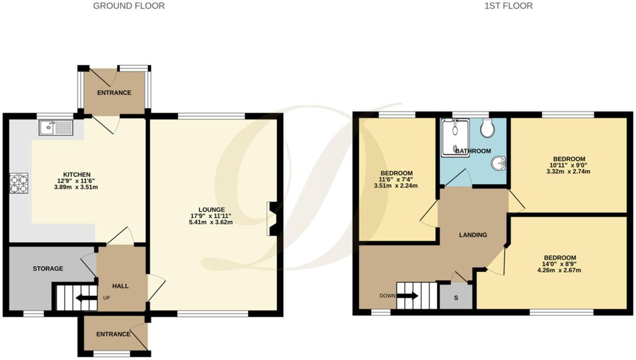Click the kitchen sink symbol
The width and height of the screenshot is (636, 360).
pyautogui.click(x=55, y=128)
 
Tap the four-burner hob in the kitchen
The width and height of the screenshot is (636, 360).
pyautogui.click(x=19, y=183)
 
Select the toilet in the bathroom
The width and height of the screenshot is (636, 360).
pyautogui.click(x=488, y=129)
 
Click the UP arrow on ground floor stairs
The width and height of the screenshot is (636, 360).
pyautogui.click(x=86, y=298)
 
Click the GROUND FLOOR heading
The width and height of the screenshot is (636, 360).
pyautogui.click(x=129, y=6)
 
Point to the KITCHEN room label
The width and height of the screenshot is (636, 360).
pyautogui.click(x=77, y=175)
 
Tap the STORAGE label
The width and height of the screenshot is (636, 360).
pyautogui.click(x=48, y=269)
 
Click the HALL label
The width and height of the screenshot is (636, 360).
pyautogui.click(x=120, y=286)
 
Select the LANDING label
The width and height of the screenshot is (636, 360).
pyautogui.click(x=473, y=235)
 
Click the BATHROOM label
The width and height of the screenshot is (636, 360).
pyautogui.click(x=473, y=151)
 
